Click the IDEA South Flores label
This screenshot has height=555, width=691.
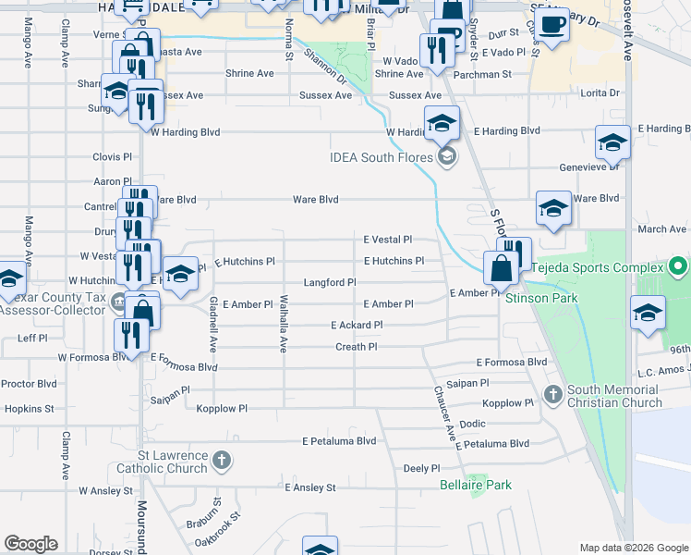382,156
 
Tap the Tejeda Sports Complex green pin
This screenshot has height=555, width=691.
679,268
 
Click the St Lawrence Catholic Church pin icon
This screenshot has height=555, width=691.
221,460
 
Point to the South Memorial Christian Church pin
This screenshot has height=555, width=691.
553,395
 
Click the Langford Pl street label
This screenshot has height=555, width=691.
330,282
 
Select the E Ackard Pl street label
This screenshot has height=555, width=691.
356,325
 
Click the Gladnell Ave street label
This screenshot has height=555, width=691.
212,325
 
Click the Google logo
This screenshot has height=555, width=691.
30,544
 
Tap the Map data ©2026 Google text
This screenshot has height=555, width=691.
633,549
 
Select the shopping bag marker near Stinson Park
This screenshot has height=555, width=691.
500,269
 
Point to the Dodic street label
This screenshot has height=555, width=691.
472,424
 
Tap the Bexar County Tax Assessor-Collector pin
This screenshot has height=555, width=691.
119,302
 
